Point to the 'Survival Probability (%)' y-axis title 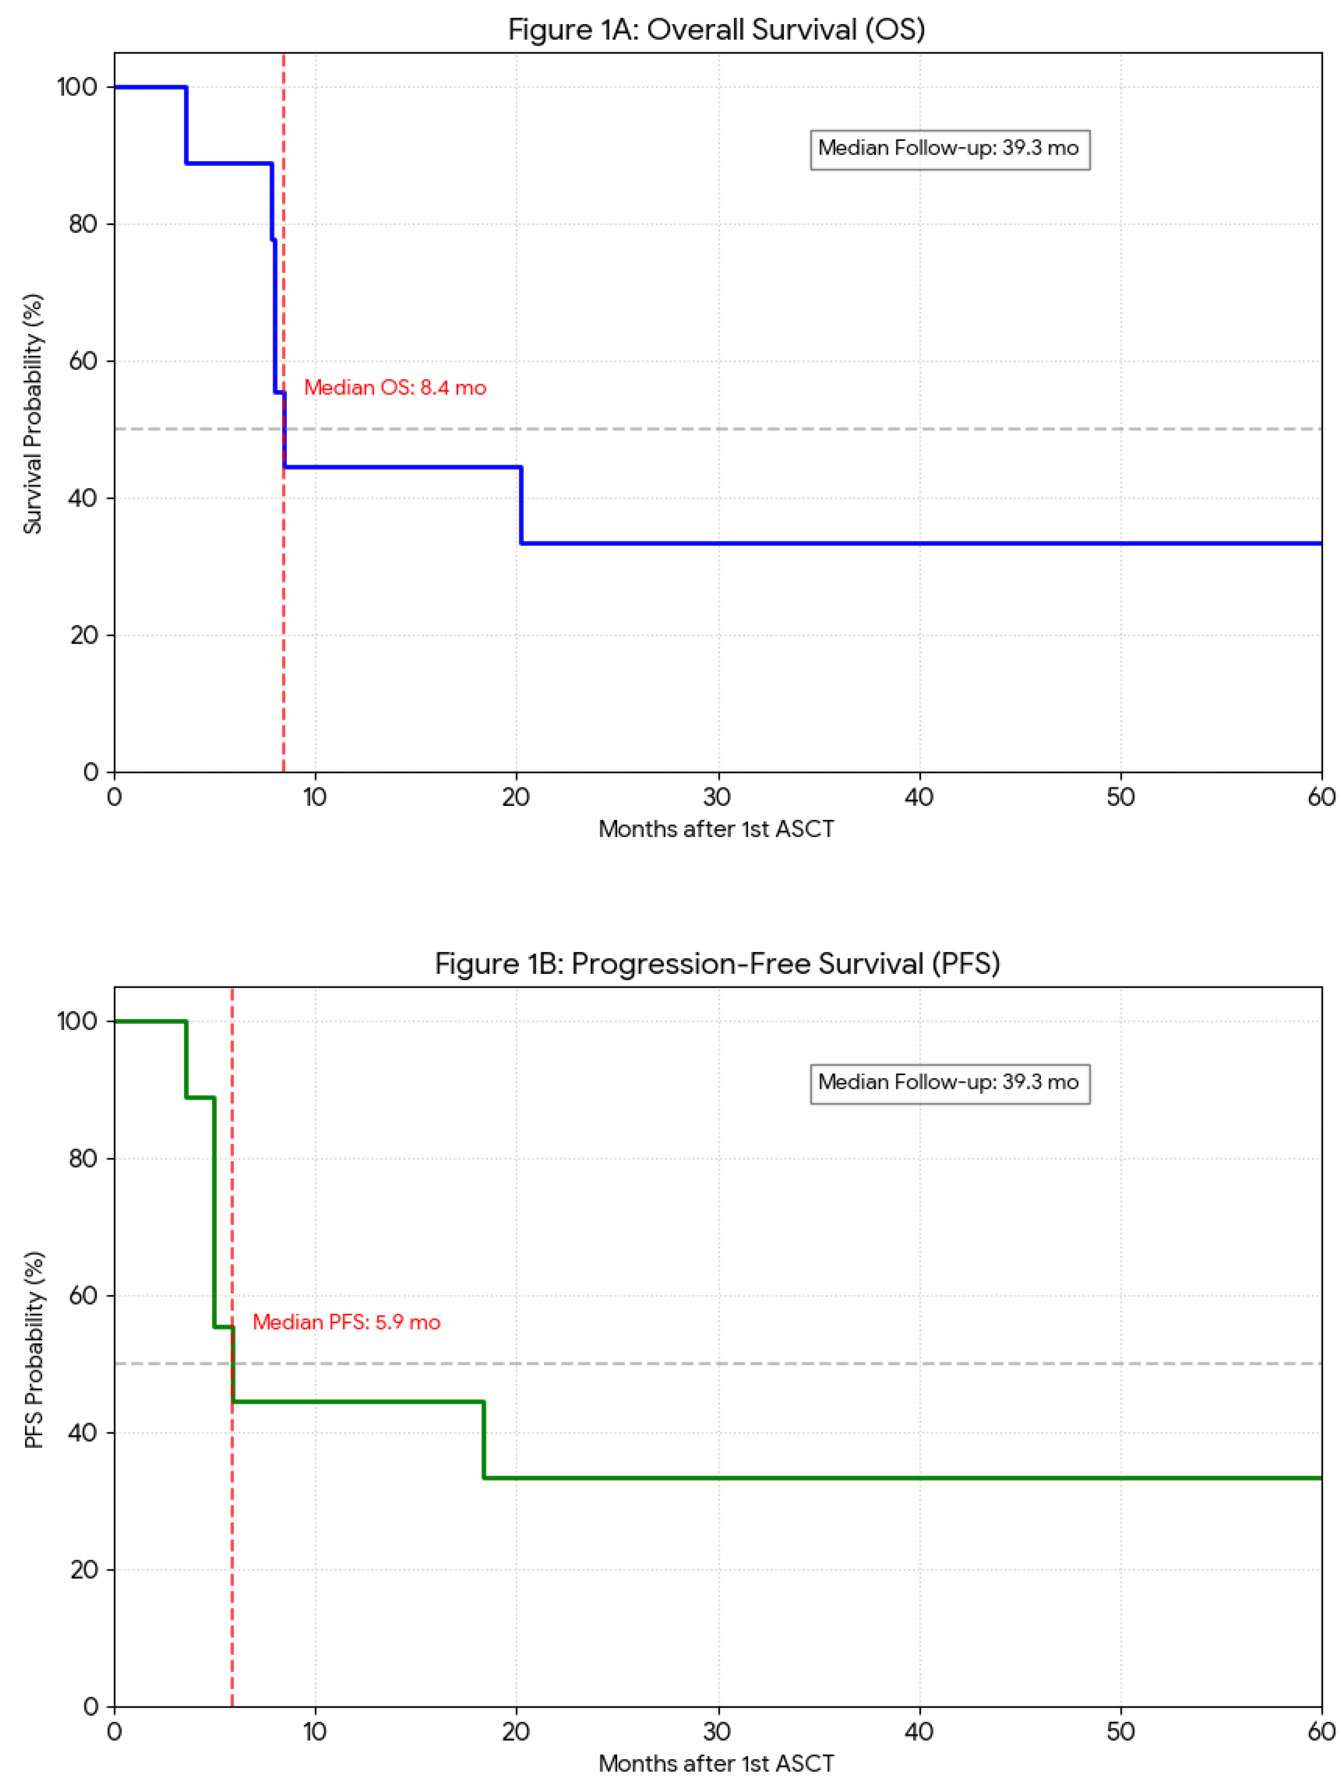pyautogui.click(x=33, y=414)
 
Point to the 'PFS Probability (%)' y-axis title pyautogui.click(x=33, y=1349)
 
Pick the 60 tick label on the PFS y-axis pyautogui.click(x=83, y=1296)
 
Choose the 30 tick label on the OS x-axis pyautogui.click(x=717, y=798)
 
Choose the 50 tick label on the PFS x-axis pyautogui.click(x=1120, y=1732)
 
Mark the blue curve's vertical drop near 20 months pyautogui.click(x=521, y=505)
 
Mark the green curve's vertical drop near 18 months pyautogui.click(x=483, y=1439)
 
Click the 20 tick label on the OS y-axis pyautogui.click(x=83, y=635)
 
